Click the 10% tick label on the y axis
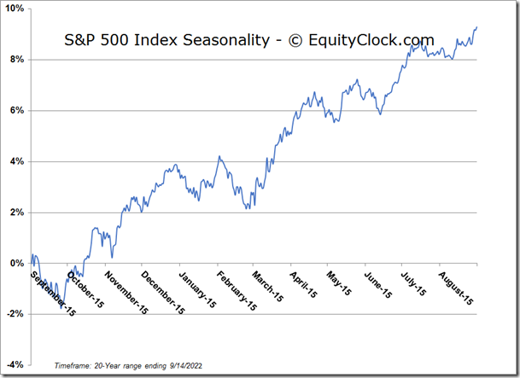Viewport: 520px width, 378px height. (x=15, y=9)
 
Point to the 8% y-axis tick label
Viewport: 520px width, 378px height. (x=18, y=60)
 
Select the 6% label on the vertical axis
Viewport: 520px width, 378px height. (x=18, y=111)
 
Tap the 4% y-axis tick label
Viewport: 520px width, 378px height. (x=18, y=161)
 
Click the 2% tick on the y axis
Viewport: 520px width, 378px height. (x=18, y=212)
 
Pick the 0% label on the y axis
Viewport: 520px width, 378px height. (x=18, y=264)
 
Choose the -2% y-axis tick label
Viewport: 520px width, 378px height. (x=16, y=314)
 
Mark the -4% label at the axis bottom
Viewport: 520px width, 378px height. (x=16, y=365)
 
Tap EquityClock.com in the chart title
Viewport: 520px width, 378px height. (x=373, y=40)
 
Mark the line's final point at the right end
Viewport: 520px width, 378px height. (x=476, y=27)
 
